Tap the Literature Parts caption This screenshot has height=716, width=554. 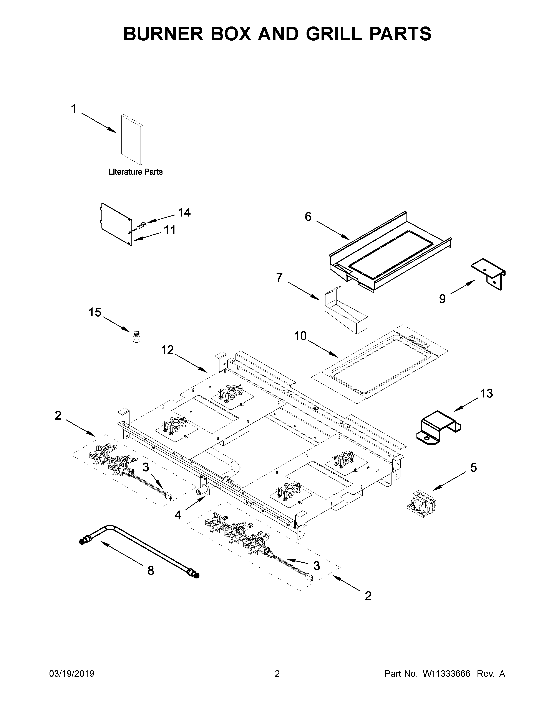136,172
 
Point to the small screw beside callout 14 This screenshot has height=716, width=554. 142,225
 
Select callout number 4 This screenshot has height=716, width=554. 177,515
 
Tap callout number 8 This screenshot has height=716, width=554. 151,571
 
